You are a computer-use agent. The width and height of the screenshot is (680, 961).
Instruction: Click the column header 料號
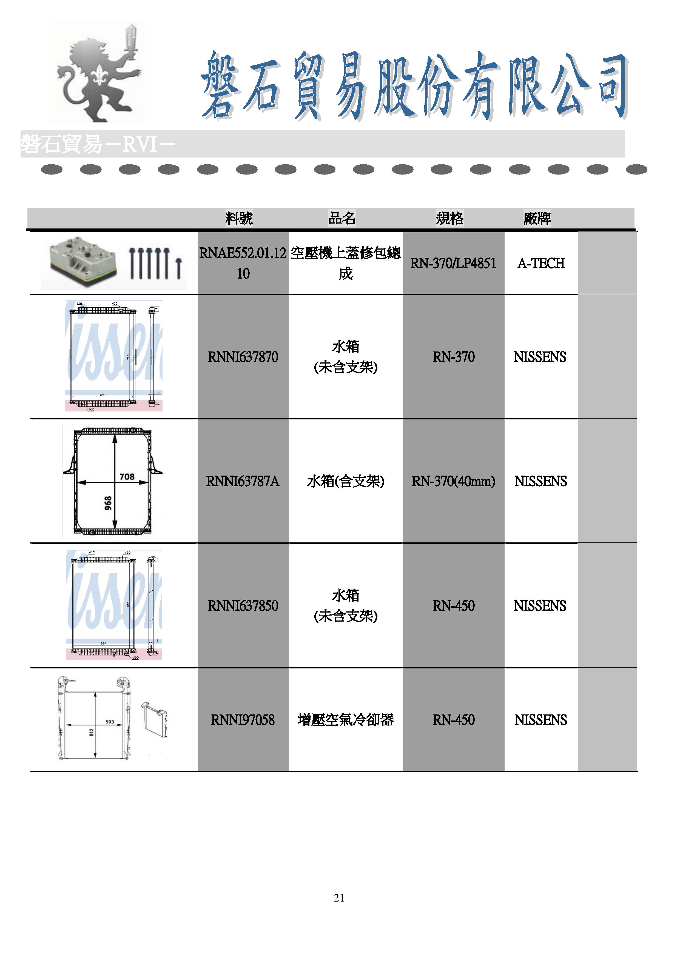pos(239,218)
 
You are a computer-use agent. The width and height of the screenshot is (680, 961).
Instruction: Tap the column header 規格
pos(450,218)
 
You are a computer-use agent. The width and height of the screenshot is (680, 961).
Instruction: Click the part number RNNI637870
pos(243,357)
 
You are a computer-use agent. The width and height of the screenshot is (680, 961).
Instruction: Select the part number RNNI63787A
pos(243,481)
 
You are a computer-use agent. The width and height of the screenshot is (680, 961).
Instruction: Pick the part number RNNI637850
pos(243,606)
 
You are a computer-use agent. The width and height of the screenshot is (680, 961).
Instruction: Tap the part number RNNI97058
pos(243,720)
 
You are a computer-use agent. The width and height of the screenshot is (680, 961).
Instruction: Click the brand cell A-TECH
pos(541,263)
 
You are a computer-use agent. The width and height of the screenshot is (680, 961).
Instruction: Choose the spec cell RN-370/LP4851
pos(453,263)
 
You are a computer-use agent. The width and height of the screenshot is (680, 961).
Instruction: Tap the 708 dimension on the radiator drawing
pos(127,477)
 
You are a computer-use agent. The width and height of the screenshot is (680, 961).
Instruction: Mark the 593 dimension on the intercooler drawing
pos(110,722)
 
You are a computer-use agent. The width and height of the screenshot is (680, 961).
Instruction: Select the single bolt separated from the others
pos(179,269)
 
